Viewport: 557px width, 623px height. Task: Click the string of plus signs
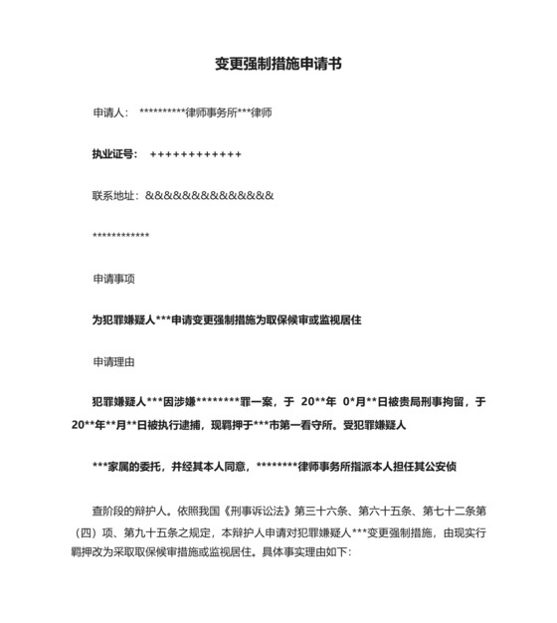pyautogui.click(x=196, y=154)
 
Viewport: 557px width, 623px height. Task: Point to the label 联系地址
pyautogui.click(x=113, y=195)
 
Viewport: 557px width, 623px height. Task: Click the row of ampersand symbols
pyautogui.click(x=209, y=195)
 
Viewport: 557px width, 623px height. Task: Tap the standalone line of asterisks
pyautogui.click(x=120, y=236)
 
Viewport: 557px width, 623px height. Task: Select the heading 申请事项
pyautogui.click(x=112, y=279)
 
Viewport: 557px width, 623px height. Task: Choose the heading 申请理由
pyautogui.click(x=112, y=360)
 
